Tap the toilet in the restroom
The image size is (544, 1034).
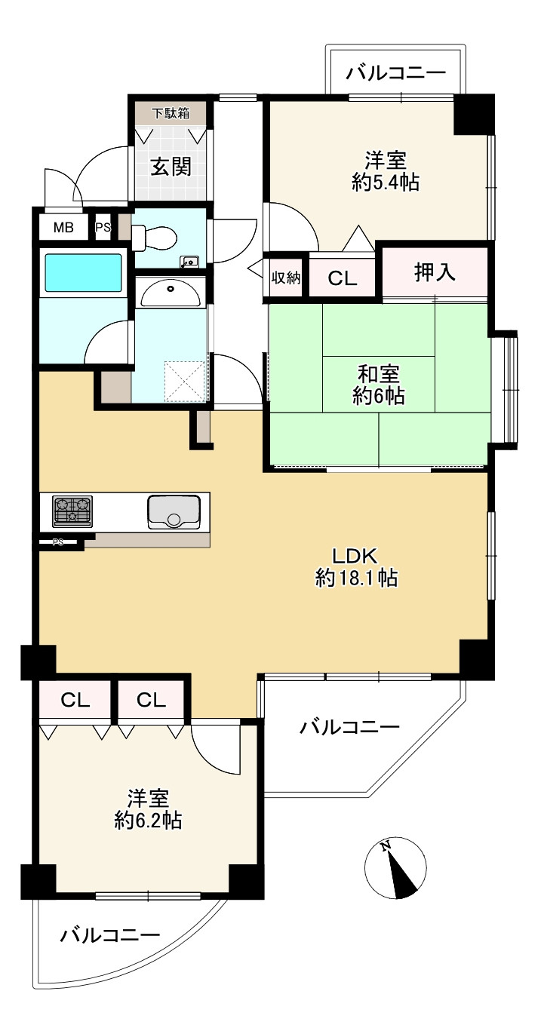click(155, 238)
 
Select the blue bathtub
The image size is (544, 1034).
click(83, 273)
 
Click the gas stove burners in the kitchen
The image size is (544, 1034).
click(72, 511)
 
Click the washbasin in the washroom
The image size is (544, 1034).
click(170, 292)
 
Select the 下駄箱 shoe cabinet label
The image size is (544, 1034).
click(170, 114)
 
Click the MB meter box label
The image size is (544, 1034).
click(63, 227)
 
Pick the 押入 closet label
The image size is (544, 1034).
click(435, 272)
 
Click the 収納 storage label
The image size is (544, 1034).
click(286, 278)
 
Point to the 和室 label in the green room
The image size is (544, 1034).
click(378, 373)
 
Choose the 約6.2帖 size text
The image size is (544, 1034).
click(147, 821)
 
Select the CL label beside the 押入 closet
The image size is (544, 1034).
click(342, 278)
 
